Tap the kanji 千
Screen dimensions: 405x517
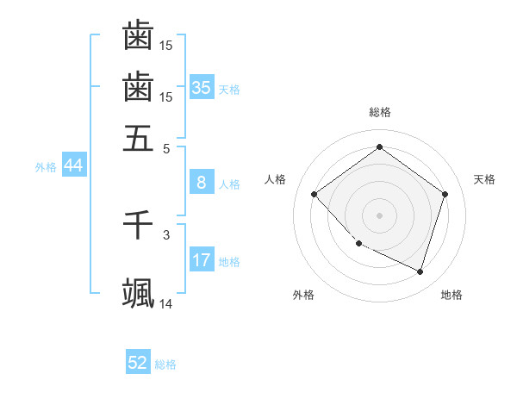[138, 225]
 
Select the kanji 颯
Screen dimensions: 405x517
[138, 293]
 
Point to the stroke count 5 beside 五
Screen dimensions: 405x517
[166, 147]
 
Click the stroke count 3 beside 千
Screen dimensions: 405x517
[166, 234]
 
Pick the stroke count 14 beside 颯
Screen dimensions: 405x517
[165, 303]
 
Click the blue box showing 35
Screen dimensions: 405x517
[202, 87]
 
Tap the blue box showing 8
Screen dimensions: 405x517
[202, 183]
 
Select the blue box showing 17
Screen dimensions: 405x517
[202, 260]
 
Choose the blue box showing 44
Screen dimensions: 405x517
[74, 165]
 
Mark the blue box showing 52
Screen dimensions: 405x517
[138, 363]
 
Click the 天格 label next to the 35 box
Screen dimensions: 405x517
[229, 90]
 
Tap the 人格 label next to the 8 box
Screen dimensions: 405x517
[229, 184]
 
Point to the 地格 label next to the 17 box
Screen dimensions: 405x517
[229, 262]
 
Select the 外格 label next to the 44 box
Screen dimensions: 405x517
[46, 167]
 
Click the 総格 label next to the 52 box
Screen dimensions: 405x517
[165, 364]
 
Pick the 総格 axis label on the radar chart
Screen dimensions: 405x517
[379, 112]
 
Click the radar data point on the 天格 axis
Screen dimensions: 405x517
[445, 194]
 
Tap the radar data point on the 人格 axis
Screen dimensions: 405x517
[315, 194]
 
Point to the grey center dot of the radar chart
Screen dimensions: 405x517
[379, 215]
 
